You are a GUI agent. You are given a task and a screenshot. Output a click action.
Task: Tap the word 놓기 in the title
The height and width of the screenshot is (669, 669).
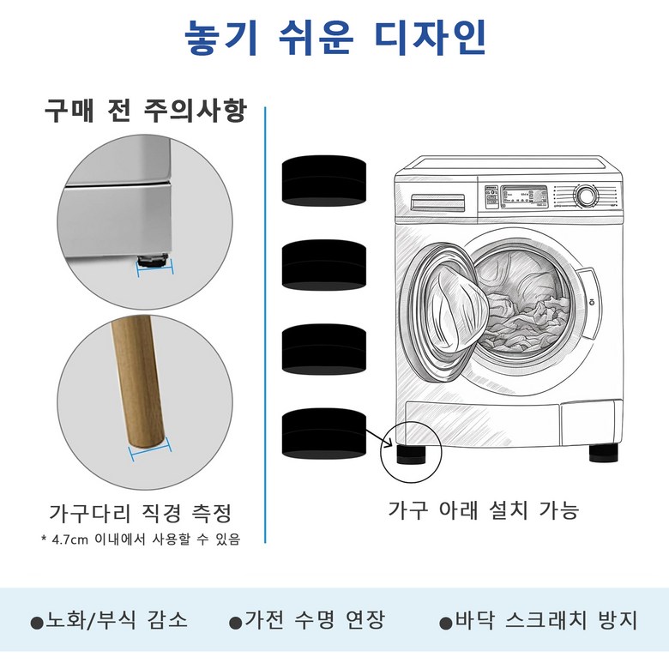[221, 38]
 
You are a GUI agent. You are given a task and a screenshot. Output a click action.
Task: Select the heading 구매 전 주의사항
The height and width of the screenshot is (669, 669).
[146, 111]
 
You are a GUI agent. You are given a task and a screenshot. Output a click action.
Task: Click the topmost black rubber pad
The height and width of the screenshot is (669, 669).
[324, 181]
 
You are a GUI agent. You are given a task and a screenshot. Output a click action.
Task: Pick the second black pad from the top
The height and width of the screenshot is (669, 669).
[324, 265]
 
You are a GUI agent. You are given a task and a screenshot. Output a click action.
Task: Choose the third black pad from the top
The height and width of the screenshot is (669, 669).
[324, 350]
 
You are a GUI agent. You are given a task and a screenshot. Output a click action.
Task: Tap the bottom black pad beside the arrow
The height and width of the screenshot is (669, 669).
[324, 434]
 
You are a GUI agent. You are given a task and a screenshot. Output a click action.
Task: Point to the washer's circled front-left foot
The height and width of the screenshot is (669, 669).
[411, 455]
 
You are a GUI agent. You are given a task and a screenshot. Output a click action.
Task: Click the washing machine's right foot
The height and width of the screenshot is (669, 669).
[604, 453]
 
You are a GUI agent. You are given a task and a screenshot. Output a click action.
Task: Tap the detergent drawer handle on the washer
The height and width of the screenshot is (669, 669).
[437, 202]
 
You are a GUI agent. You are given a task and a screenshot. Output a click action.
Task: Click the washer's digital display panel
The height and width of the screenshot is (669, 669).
[523, 196]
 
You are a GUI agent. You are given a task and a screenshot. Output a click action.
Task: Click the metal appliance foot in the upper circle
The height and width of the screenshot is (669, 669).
[153, 260]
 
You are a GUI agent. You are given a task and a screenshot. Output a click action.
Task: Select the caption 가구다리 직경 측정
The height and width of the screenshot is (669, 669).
[141, 513]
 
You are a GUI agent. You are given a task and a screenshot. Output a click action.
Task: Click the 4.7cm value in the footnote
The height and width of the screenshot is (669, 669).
[69, 540]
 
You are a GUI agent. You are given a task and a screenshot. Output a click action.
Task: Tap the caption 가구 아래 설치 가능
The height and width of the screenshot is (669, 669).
[483, 509]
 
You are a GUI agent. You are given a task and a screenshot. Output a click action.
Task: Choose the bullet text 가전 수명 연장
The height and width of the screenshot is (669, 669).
[315, 620]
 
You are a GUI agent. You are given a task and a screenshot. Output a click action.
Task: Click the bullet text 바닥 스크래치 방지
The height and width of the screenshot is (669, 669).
[545, 620]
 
